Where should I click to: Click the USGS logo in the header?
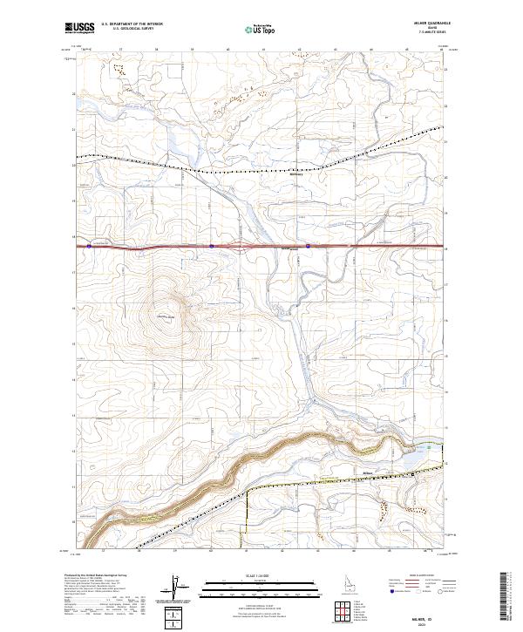(78, 29)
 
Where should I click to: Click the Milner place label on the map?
(367, 474)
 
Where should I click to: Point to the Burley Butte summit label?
(166, 316)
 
